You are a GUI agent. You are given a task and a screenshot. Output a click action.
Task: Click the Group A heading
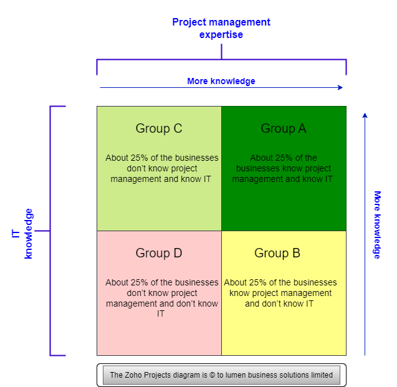point(284,128)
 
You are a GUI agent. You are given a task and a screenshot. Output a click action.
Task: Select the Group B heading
point(277,253)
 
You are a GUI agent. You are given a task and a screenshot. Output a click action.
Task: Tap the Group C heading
point(159,128)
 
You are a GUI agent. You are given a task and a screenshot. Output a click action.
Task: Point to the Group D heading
point(159,253)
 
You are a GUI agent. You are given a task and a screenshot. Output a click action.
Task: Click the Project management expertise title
point(221,28)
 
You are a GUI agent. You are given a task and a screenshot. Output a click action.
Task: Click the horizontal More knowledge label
point(221,81)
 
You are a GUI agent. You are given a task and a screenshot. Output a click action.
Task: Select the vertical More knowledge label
point(377,225)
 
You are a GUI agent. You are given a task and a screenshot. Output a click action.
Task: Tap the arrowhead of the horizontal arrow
point(340,88)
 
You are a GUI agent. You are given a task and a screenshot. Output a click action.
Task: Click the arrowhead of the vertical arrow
point(365,115)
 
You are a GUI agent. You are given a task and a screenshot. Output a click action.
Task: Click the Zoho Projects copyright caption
point(221,375)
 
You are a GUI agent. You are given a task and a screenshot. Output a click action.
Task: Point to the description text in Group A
point(283,168)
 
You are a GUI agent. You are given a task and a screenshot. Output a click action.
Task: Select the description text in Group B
point(280,293)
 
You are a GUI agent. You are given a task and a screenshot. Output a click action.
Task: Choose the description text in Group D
point(161,298)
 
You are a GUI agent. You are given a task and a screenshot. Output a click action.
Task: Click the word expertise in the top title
point(221,35)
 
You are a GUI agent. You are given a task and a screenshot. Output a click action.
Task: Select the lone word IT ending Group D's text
point(161,314)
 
